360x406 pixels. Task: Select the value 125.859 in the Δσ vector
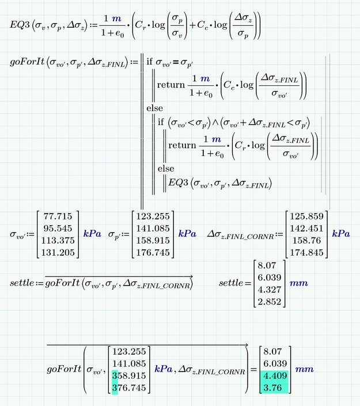pos(306,218)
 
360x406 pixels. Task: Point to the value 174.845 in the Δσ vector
pos(306,251)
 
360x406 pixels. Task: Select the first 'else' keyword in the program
pos(155,108)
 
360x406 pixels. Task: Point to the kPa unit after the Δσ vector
pos(342,234)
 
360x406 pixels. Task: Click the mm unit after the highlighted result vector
pos(304,369)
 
